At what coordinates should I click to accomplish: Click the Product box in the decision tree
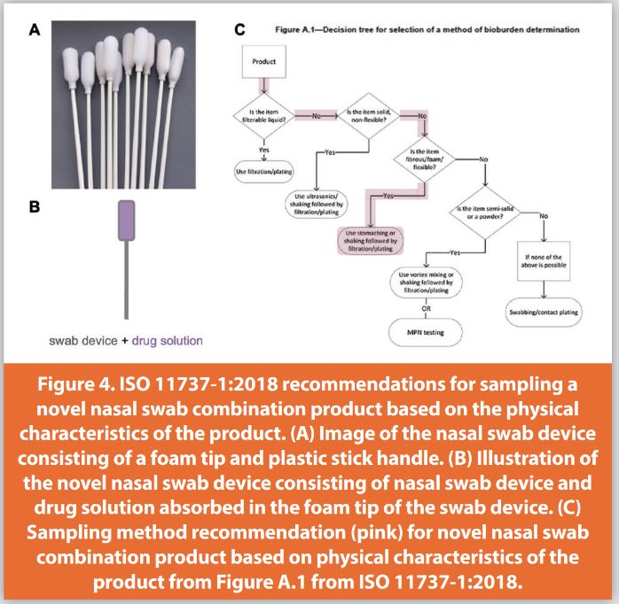[263, 63]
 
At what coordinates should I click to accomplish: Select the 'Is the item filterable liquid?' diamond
[263, 118]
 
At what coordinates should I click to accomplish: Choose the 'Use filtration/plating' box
[263, 168]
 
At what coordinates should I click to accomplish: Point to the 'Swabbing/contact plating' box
[541, 314]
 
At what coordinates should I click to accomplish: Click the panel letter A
[35, 30]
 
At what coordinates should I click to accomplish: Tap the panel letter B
[35, 207]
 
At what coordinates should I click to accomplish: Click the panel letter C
[239, 30]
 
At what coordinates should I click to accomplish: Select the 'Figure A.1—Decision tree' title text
[426, 29]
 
